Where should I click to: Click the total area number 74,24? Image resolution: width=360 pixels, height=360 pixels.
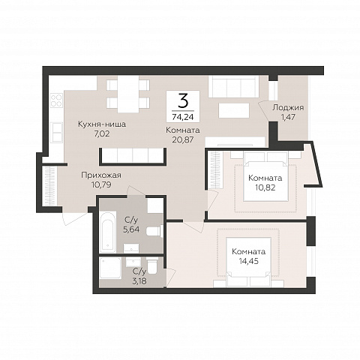click(183, 117)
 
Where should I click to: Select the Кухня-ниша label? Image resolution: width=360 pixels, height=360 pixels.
click(102, 124)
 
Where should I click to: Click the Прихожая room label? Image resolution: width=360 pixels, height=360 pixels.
click(101, 175)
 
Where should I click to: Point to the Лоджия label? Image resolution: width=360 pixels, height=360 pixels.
click(288, 108)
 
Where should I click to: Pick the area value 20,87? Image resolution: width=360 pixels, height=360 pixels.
click(183, 139)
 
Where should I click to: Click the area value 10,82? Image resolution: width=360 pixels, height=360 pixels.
click(265, 187)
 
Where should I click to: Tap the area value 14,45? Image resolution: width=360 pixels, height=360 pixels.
click(248, 261)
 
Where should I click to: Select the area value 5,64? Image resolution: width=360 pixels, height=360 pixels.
click(131, 229)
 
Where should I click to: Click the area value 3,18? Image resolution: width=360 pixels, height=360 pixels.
click(139, 280)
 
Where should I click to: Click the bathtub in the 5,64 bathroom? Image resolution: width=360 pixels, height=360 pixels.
click(108, 232)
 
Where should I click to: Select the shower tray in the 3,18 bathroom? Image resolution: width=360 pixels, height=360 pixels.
click(110, 268)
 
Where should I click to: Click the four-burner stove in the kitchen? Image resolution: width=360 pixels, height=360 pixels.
click(56, 100)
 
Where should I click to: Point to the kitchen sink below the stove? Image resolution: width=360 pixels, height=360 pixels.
click(56, 132)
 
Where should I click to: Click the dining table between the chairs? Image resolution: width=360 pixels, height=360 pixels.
click(128, 94)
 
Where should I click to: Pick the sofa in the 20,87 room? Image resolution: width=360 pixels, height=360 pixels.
click(233, 86)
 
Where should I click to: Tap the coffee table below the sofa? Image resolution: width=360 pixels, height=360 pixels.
click(234, 110)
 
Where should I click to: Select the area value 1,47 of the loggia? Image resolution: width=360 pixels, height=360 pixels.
click(288, 117)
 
